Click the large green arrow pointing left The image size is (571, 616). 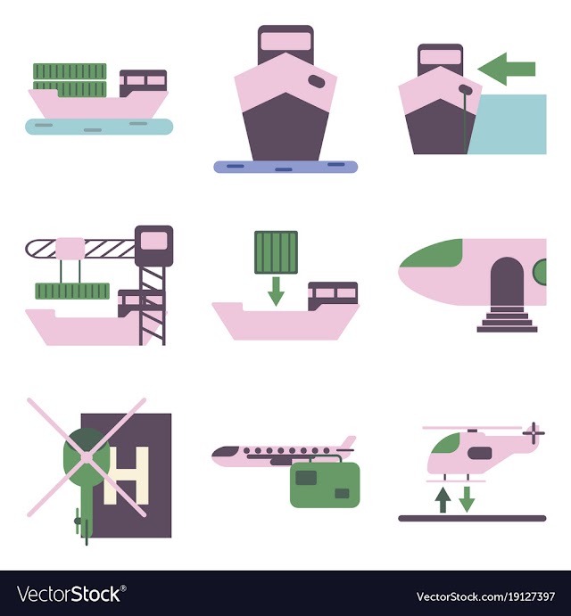pyautogui.click(x=507, y=70)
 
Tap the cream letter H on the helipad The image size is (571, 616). pyautogui.click(x=126, y=475)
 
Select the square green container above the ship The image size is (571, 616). pyautogui.click(x=276, y=252)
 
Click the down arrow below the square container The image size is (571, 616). pyautogui.click(x=276, y=292)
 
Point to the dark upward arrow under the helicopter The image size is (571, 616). pyautogui.click(x=443, y=500)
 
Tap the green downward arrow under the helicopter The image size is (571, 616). pyautogui.click(x=467, y=500)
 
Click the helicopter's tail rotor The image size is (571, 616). pyautogui.click(x=534, y=433)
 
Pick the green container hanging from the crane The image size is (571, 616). pyautogui.click(x=72, y=292)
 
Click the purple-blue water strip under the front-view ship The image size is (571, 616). pyautogui.click(x=285, y=167)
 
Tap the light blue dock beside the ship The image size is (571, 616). pyautogui.click(x=508, y=124)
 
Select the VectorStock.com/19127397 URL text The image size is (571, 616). pyautogui.click(x=485, y=596)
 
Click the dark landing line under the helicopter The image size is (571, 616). pyautogui.click(x=472, y=518)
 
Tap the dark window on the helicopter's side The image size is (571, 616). pyautogui.click(x=480, y=453)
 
